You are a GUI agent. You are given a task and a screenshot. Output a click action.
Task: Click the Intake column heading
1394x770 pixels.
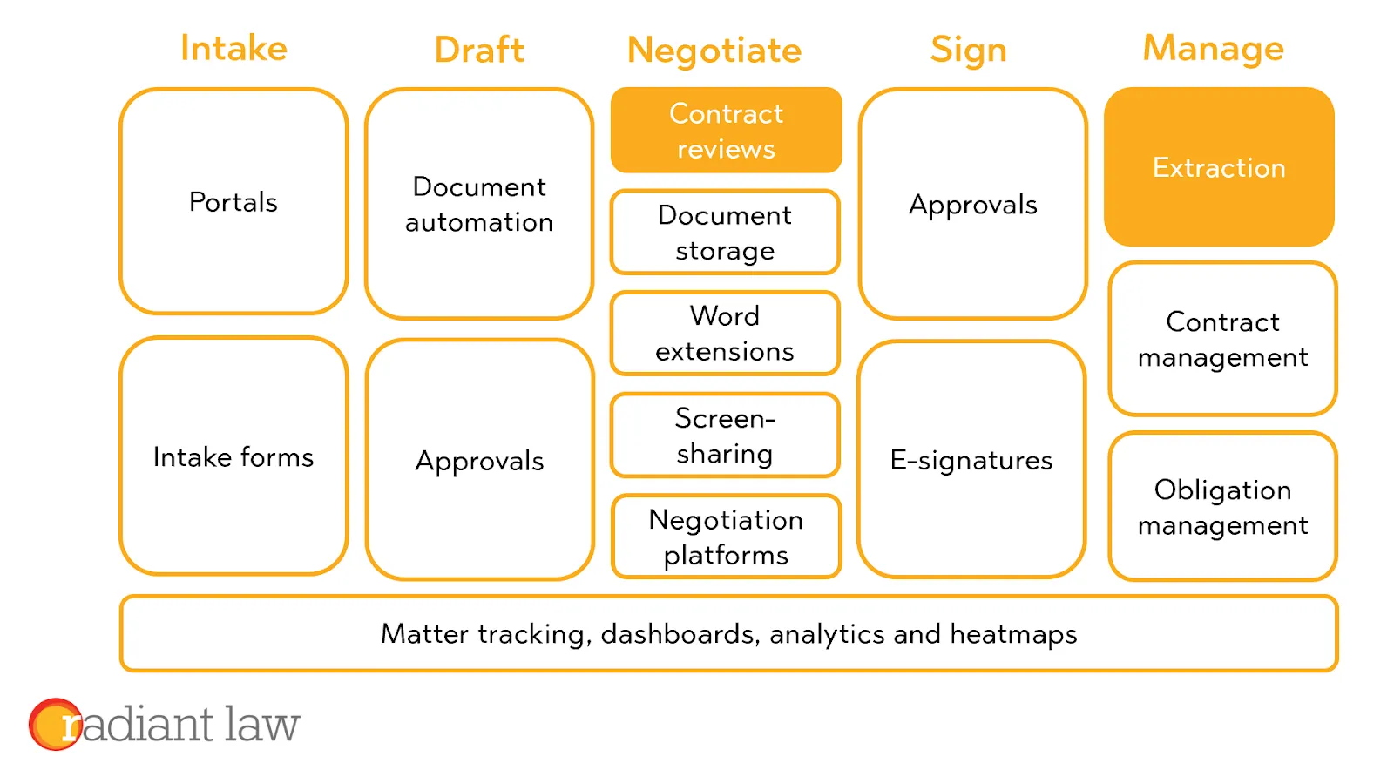(x=234, y=48)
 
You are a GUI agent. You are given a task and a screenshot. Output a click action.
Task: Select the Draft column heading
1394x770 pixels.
(x=479, y=50)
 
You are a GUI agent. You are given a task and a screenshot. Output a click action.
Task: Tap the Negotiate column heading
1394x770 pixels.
(x=714, y=51)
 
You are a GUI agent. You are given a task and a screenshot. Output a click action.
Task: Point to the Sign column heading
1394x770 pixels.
(x=968, y=51)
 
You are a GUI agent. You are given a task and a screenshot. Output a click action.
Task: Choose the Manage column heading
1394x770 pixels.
(x=1214, y=49)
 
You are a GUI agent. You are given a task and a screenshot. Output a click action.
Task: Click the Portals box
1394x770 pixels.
(x=233, y=201)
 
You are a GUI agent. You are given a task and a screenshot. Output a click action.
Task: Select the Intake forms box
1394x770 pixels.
(x=233, y=456)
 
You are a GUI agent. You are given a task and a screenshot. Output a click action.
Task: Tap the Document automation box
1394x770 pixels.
(x=479, y=204)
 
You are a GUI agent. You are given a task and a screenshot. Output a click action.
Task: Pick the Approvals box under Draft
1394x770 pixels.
(x=479, y=460)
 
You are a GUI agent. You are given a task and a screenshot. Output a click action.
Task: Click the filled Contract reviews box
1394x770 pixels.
(x=727, y=130)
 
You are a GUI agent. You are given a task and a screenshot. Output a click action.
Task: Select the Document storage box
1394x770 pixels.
(x=726, y=232)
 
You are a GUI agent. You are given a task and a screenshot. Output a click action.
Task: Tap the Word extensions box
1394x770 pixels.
(x=726, y=334)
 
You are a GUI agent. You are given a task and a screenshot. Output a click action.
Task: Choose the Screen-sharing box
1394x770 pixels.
(x=726, y=436)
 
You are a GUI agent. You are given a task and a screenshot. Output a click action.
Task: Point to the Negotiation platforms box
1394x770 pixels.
(x=727, y=537)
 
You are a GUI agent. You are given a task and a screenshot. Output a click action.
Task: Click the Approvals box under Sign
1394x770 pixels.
(x=972, y=204)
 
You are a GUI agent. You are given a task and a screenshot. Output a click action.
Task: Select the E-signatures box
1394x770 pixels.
(x=971, y=460)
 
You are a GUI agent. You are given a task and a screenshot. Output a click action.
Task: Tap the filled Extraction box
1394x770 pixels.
(x=1219, y=166)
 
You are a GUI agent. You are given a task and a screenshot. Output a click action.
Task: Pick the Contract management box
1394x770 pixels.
(x=1223, y=339)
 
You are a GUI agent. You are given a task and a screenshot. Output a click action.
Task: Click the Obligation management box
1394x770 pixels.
(x=1223, y=507)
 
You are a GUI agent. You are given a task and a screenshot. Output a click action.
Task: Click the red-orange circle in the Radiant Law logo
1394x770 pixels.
(x=56, y=724)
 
